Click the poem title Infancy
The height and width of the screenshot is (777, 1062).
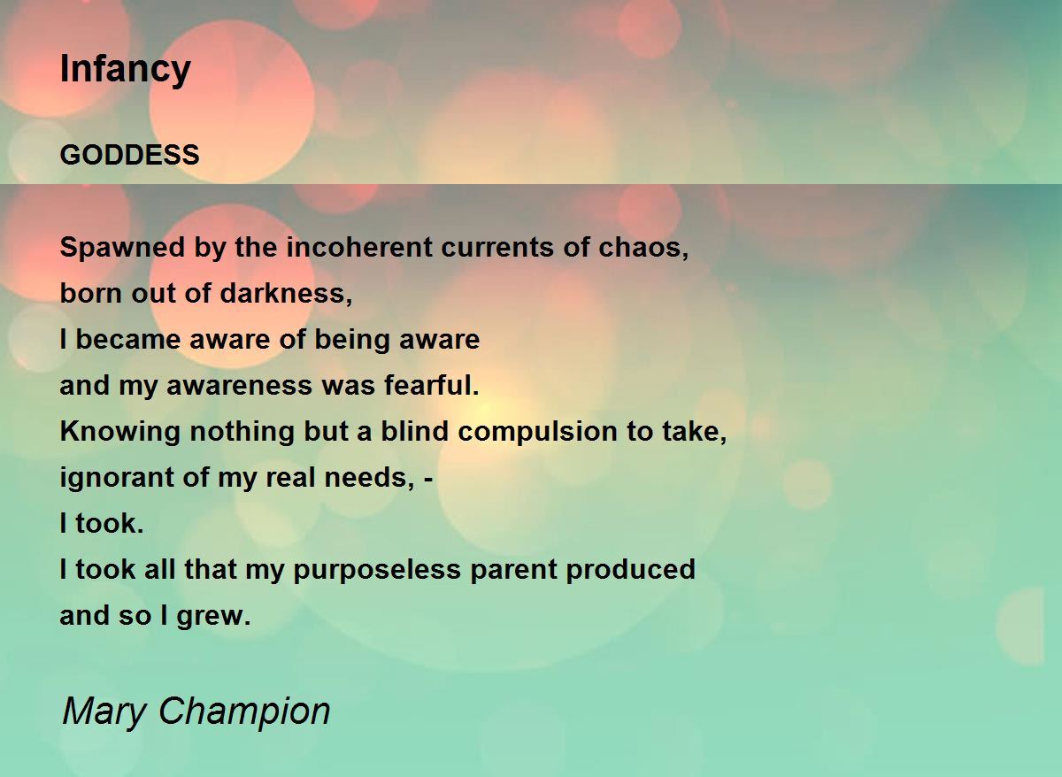pos(125,70)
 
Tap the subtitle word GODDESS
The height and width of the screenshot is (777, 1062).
pos(129,155)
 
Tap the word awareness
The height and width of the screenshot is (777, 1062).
pos(240,385)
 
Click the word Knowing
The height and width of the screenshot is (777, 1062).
pos(120,432)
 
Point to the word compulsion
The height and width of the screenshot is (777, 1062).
pos(538,432)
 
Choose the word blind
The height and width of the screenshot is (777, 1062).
pos(414,431)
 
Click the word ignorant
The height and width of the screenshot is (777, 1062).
pos(117,477)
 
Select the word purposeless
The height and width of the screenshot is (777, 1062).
pos(377,569)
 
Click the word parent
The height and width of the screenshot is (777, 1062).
pos(513,570)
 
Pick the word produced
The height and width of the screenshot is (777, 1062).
pos(630,569)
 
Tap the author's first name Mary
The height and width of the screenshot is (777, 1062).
pos(104,712)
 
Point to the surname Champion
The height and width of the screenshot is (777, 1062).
pos(244,712)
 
